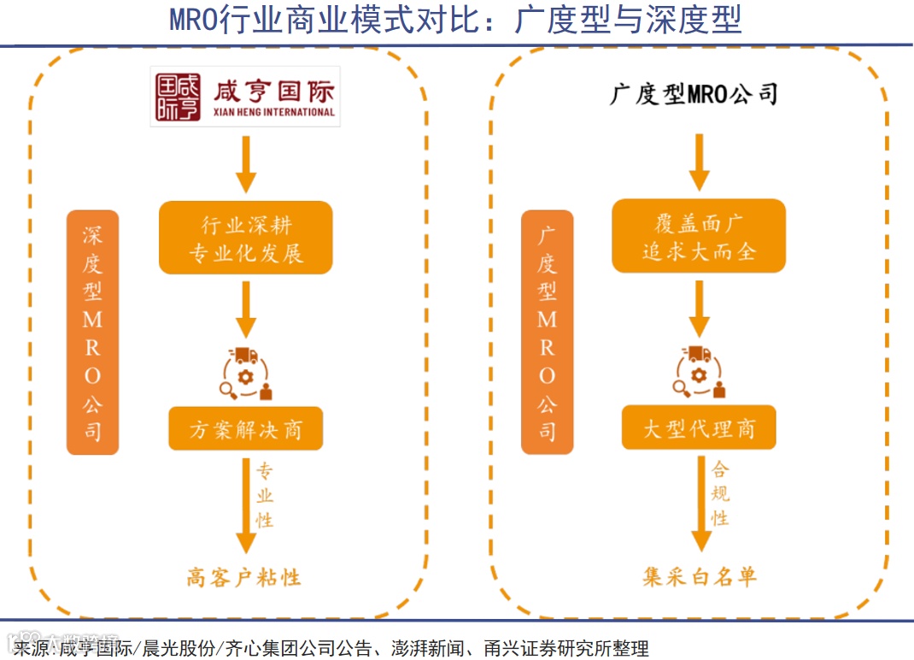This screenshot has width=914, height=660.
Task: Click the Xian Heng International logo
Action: [245, 96]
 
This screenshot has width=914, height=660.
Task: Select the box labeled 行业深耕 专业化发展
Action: [245, 238]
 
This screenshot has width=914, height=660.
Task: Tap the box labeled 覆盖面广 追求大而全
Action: [699, 237]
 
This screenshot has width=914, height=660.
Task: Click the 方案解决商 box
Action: [245, 428]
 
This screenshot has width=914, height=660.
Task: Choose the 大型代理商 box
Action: [699, 427]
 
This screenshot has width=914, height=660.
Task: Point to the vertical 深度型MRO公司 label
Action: [92, 332]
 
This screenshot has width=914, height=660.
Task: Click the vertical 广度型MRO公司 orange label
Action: [547, 332]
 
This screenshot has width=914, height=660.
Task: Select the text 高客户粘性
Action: [244, 578]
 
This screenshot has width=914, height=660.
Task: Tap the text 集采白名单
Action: [700, 578]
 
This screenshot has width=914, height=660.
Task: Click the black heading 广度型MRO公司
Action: [694, 93]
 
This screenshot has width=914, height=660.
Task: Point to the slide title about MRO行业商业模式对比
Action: [456, 19]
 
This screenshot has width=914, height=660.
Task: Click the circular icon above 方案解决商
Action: [246, 374]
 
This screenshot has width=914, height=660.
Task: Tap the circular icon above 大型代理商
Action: [700, 373]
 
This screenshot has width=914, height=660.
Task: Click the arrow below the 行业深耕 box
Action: [246, 308]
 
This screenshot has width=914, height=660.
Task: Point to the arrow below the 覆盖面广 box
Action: [700, 307]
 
